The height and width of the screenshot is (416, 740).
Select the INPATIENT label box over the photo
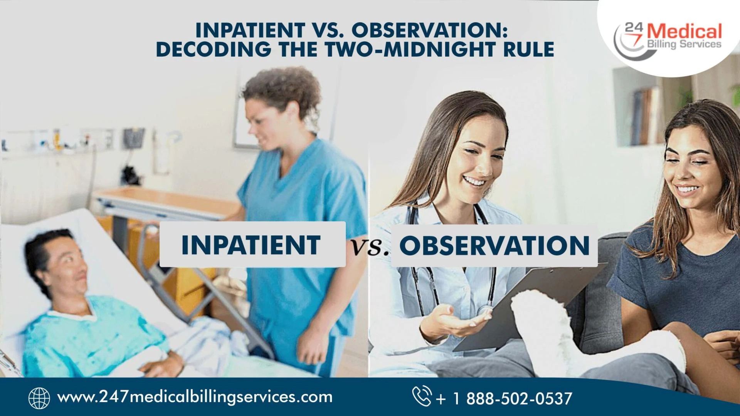click(252, 245)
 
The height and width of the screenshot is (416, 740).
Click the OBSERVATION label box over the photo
click(494, 245)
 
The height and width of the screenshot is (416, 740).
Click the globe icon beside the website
click(39, 398)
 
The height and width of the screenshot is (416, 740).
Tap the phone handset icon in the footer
click(422, 396)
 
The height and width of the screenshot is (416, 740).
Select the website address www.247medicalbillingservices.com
click(195, 397)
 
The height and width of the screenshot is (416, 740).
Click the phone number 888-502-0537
click(519, 399)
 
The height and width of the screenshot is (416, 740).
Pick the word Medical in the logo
click(684, 31)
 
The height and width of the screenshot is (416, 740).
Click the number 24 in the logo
click(634, 27)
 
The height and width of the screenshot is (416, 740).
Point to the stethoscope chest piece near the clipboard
click(483, 310)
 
